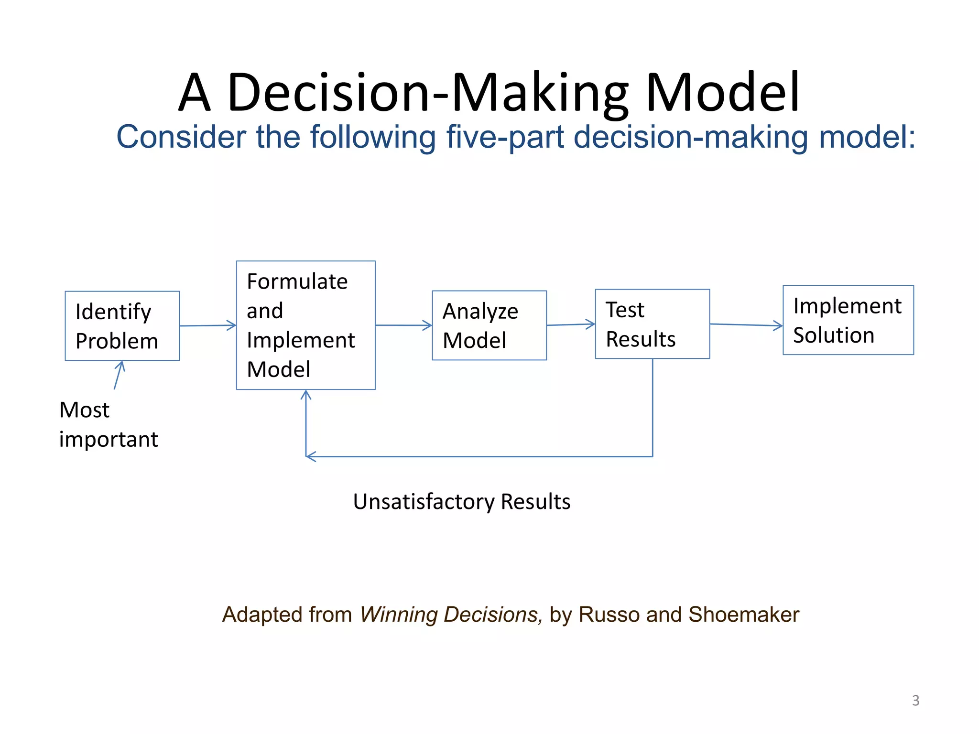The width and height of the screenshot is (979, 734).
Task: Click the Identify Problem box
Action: point(122,326)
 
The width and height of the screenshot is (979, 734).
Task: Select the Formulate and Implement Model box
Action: point(306,325)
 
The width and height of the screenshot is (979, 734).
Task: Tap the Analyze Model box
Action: point(489,325)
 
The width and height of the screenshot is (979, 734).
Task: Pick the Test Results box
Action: point(652,324)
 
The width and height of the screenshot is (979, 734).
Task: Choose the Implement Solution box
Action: point(848,320)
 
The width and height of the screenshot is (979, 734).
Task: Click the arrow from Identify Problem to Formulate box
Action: point(208,326)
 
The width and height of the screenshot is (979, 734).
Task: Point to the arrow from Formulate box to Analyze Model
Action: point(403,325)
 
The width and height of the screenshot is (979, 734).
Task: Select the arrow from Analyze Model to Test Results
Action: point(571,325)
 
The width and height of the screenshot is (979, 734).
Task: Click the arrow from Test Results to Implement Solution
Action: point(746,325)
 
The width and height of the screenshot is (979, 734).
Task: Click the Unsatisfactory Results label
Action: point(461,502)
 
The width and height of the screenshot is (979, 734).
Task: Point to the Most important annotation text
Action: point(109,424)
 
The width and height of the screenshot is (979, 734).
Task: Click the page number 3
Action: point(915,701)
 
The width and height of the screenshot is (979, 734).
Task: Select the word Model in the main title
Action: point(723,92)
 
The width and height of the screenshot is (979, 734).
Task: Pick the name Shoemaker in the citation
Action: point(744,615)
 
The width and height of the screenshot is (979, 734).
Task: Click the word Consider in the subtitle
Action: point(181,137)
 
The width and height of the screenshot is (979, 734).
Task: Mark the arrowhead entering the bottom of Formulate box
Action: point(306,395)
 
